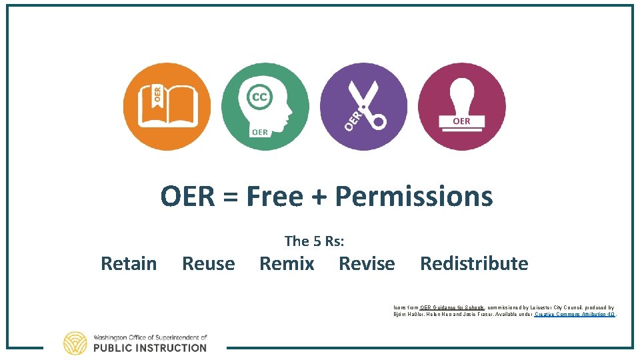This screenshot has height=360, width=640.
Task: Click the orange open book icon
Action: [x=167, y=107]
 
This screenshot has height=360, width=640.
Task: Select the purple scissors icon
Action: [x=363, y=107]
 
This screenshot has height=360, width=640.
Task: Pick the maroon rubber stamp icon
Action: [x=461, y=107]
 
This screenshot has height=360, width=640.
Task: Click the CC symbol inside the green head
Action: [x=259, y=97]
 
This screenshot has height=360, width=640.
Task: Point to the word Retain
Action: [x=129, y=264]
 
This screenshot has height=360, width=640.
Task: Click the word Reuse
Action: [x=208, y=264]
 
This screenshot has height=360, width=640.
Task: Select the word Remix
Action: [x=287, y=264]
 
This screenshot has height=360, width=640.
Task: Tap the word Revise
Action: [x=367, y=264]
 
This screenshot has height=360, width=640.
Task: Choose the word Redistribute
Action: [x=474, y=264]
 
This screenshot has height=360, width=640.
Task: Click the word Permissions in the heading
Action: [x=413, y=197]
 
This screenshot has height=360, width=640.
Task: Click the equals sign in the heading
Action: [x=231, y=197]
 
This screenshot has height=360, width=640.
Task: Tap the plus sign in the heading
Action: [x=323, y=197]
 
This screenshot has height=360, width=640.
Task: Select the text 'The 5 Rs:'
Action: [x=314, y=241]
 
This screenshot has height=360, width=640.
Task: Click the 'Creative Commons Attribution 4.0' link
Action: [x=575, y=314]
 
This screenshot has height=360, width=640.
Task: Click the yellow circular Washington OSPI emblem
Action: [x=75, y=343]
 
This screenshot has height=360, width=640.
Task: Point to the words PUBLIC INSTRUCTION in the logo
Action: [x=150, y=348]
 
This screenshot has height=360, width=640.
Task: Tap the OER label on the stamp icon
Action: [x=461, y=121]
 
